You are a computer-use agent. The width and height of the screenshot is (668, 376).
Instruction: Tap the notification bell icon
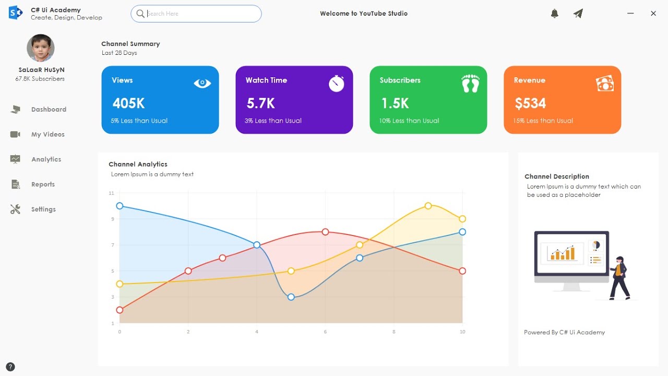(555, 14)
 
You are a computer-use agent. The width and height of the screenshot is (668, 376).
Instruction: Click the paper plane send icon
(578, 14)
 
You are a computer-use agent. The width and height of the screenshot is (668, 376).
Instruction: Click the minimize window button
(630, 14)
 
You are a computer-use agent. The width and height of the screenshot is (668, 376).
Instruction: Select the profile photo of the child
(41, 48)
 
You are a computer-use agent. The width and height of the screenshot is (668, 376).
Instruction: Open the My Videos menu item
(47, 134)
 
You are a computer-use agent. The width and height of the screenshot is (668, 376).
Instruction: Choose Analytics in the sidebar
(46, 159)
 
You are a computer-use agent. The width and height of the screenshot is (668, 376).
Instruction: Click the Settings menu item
(43, 209)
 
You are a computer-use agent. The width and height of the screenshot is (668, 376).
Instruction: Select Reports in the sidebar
(43, 184)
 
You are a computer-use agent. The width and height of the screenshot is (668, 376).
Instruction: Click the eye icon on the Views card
(202, 83)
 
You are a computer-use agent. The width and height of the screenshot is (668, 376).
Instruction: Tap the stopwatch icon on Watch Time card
(337, 84)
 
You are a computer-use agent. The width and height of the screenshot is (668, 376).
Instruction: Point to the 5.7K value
(261, 103)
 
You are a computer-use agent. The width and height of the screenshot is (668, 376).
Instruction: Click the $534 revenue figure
(530, 103)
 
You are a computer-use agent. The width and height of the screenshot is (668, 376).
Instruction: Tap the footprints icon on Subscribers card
(470, 84)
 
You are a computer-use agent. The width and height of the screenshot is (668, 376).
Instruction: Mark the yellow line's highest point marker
(428, 206)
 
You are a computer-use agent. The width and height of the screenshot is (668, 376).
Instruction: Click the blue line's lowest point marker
(291, 297)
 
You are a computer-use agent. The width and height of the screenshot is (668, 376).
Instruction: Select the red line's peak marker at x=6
(325, 232)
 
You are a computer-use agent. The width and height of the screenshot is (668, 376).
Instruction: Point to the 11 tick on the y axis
(111, 193)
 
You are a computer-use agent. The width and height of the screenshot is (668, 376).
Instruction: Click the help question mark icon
(10, 367)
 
